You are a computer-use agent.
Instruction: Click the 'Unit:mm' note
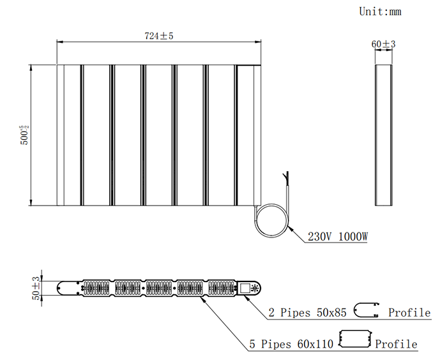[380, 11]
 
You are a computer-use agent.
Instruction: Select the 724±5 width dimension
[159, 36]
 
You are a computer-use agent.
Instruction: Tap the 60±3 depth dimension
[383, 44]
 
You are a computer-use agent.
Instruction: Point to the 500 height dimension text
[24, 135]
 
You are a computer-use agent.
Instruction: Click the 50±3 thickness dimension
[36, 288]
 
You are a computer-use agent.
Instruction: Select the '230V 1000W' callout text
[338, 237]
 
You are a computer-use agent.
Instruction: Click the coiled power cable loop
[271, 220]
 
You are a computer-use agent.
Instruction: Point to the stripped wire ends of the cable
[286, 177]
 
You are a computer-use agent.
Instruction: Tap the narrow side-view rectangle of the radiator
[383, 135]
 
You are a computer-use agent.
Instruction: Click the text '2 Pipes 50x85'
[307, 313]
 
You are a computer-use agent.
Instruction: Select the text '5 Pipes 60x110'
[291, 344]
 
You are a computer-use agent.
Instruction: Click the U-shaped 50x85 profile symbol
[367, 310]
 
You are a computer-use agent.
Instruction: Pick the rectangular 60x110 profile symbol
[355, 339]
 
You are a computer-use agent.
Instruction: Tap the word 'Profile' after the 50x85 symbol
[409, 313]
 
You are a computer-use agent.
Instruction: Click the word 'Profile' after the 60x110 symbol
[397, 344]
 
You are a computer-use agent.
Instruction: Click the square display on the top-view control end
[245, 288]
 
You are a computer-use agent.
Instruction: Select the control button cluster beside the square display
[255, 288]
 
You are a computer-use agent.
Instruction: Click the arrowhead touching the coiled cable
[291, 229]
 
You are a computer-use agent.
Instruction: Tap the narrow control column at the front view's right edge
[257, 135]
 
